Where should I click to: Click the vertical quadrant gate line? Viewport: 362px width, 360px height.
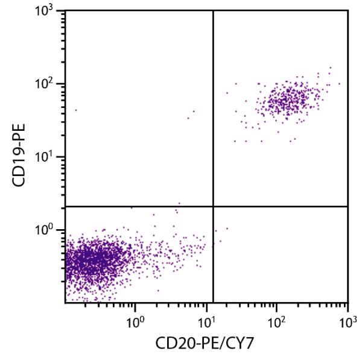(214, 121)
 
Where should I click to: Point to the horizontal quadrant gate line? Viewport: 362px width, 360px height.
(139, 206)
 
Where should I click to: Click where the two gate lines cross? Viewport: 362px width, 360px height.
(214, 206)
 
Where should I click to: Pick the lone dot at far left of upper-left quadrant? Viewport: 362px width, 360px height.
(75, 110)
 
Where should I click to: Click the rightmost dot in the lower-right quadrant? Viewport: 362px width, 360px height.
(227, 229)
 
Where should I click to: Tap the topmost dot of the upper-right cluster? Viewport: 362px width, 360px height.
(331, 68)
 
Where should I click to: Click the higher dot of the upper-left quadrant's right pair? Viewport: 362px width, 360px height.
(194, 111)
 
